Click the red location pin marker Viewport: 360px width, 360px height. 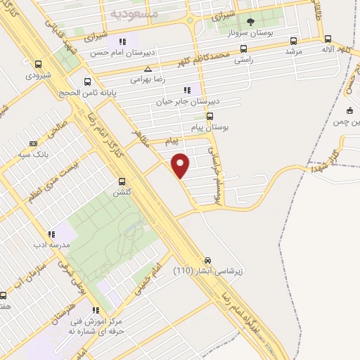(x=181, y=164)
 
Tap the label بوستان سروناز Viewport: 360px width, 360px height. (x=250, y=34)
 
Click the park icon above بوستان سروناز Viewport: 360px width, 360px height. (x=250, y=22)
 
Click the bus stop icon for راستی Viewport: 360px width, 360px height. (x=243, y=49)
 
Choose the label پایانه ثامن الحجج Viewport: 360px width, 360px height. (x=88, y=92)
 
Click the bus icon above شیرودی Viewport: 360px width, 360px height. (x=37, y=64)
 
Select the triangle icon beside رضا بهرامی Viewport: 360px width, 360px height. (x=148, y=69)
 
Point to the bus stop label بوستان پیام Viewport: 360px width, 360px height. (x=210, y=127)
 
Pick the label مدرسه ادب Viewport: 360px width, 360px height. (x=50, y=245)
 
